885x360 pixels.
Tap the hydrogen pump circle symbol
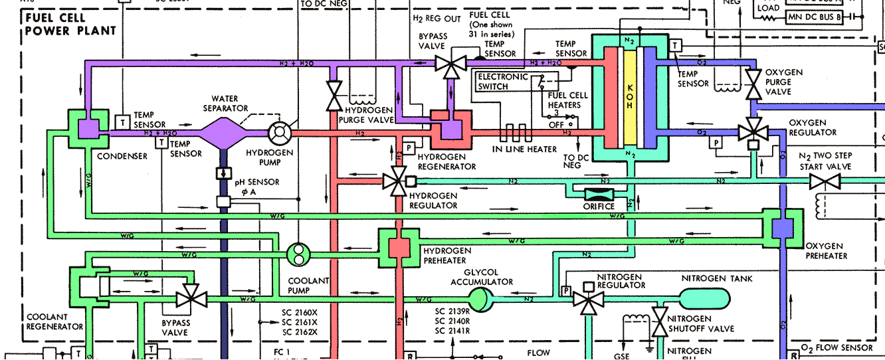pyautogui.click(x=280, y=133)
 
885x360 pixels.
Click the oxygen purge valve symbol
pyautogui.click(x=753, y=84)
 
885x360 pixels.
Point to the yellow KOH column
pyautogui.click(x=631, y=93)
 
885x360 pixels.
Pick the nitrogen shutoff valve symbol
pyautogui.click(x=660, y=322)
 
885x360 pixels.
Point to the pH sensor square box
pyautogui.click(x=223, y=202)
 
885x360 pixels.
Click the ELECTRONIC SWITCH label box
pyautogui.click(x=503, y=81)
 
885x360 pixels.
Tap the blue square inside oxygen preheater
pyautogui.click(x=783, y=228)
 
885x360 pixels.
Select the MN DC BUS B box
pyautogui.click(x=818, y=16)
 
